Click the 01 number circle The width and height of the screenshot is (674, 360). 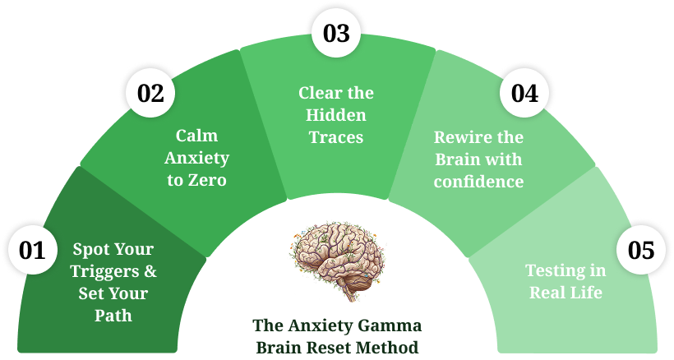click(33, 250)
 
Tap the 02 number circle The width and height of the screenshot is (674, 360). click(150, 93)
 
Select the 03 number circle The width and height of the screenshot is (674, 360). click(336, 34)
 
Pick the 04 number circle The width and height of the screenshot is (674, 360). click(524, 93)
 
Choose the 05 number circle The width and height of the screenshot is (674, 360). click(640, 250)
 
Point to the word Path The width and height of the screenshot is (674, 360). click(113, 315)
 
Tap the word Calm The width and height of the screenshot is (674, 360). click(197, 136)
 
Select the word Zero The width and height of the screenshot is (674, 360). click(209, 180)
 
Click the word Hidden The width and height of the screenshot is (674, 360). click(336, 115)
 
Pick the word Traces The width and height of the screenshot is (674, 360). click(336, 137)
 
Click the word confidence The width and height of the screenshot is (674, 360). click(478, 182)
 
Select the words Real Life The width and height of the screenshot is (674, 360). click(566, 293)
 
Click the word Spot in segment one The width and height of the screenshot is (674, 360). click(90, 249)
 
